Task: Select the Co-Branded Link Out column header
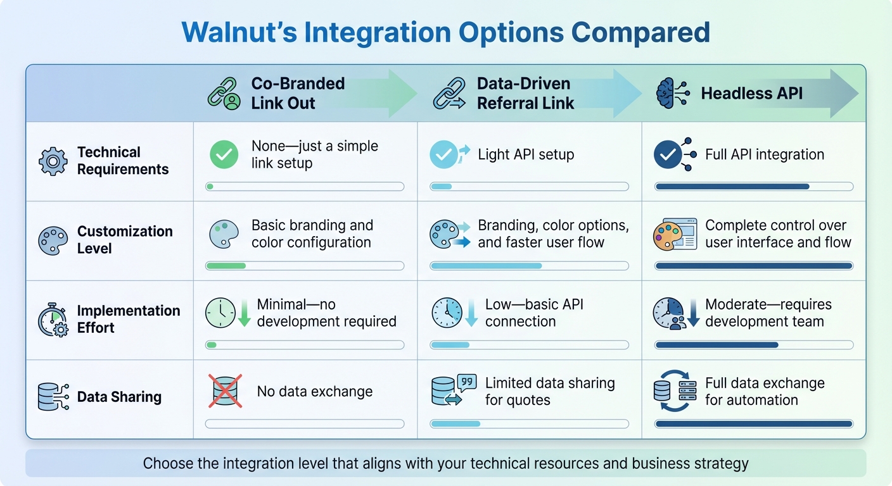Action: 298,94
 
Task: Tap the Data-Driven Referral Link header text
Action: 525,94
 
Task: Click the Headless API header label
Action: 751,94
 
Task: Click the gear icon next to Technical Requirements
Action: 53,161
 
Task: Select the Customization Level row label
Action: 124,240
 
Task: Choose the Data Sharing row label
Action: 119,397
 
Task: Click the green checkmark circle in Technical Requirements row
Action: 224,155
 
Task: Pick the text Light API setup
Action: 525,154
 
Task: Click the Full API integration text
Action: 764,154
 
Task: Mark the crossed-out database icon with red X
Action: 225,391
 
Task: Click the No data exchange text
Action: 314,392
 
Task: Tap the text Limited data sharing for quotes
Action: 549,391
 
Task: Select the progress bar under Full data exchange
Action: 753,424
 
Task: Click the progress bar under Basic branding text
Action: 305,266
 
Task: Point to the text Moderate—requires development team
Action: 768,313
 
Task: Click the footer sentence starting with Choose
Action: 445,463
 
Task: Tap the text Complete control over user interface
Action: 777,234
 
